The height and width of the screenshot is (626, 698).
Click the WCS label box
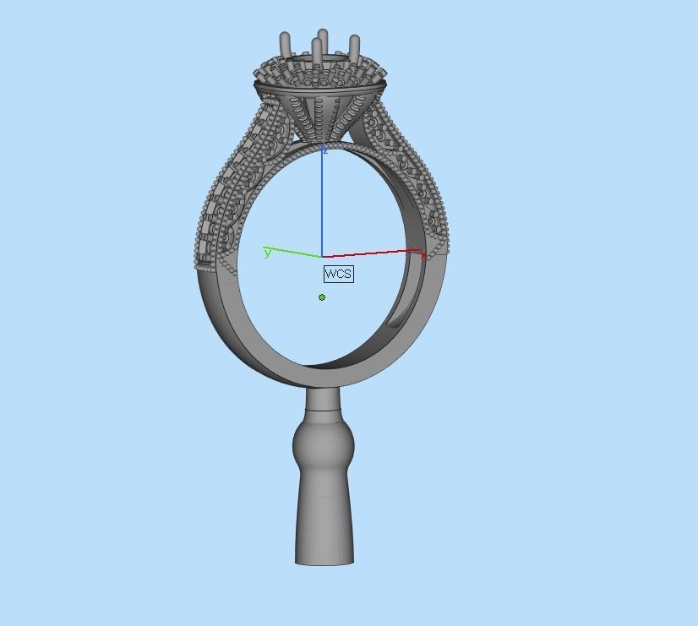(338, 274)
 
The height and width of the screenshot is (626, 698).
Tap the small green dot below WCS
(322, 297)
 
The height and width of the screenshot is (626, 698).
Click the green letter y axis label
(268, 253)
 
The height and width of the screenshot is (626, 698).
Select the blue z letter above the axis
(324, 150)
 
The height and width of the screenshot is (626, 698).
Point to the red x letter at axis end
(423, 253)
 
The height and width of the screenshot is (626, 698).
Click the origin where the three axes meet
(321, 256)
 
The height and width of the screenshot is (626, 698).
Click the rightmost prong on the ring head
(355, 46)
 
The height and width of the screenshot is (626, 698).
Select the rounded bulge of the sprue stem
(323, 446)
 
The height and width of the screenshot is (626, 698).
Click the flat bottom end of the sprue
(324, 562)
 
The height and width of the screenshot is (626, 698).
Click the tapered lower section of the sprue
(324, 515)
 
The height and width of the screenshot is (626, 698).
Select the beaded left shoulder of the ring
(228, 194)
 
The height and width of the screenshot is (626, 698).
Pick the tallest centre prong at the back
(323, 38)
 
